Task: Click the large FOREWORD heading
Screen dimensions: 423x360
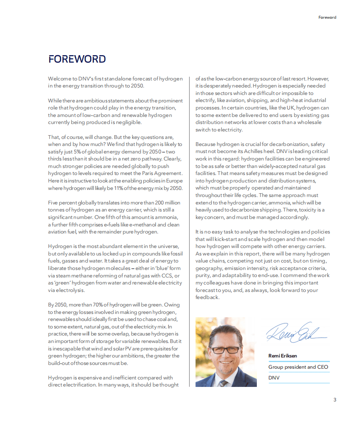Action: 77,59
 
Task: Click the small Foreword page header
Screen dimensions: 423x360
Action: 327,17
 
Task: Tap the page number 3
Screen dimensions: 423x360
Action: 335,400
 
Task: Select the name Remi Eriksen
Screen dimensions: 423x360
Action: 283,356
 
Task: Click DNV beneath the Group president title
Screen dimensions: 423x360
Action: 274,378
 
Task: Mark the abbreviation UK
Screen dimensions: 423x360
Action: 293,108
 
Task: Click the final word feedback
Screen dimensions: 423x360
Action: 207,297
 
